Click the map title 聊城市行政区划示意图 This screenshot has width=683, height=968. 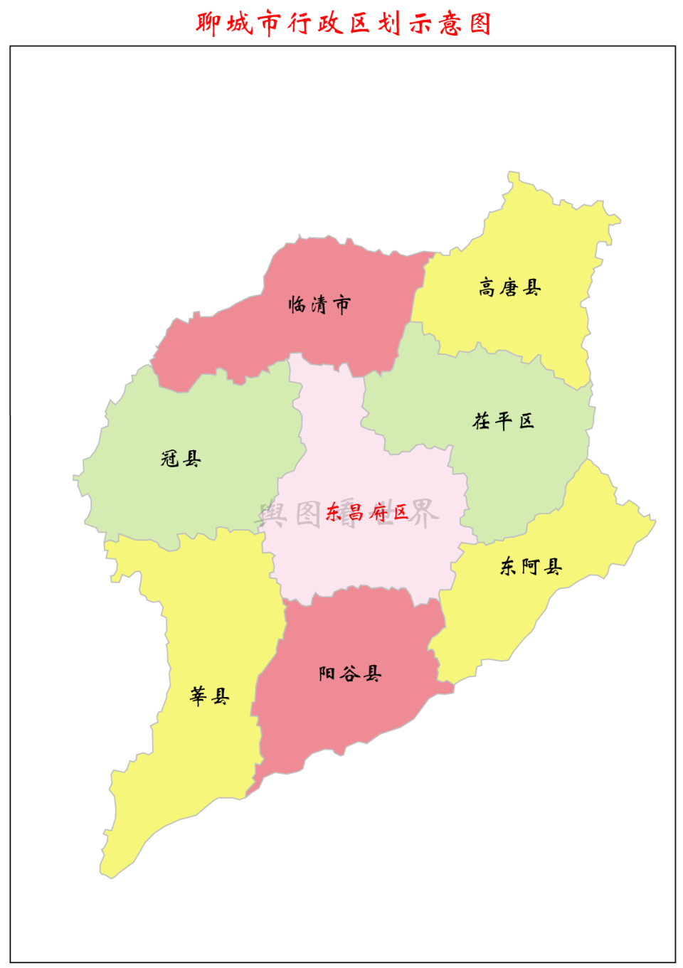[x=344, y=24]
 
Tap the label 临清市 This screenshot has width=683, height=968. [x=319, y=305]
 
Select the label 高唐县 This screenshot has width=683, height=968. [x=509, y=288]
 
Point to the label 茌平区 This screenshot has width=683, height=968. [x=504, y=421]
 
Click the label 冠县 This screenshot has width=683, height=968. [x=181, y=459]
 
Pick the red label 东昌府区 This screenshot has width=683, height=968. [x=367, y=512]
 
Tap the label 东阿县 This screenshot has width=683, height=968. [x=531, y=567]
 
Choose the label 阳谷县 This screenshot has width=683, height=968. [x=350, y=674]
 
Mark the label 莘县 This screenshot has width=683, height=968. [x=209, y=696]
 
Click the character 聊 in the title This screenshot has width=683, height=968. [x=208, y=24]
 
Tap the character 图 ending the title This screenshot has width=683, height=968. [x=481, y=24]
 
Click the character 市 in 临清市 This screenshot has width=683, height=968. [x=342, y=305]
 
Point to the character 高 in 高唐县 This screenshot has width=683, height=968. [x=487, y=288]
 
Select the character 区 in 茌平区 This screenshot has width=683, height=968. [x=526, y=421]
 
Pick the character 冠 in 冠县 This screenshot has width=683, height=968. [x=169, y=459]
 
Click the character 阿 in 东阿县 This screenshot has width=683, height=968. [x=531, y=567]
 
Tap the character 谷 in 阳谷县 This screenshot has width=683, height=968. [x=350, y=674]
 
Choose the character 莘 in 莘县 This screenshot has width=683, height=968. [x=198, y=696]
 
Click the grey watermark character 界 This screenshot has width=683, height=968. [x=425, y=513]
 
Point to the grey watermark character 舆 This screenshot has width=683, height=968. [x=272, y=513]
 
